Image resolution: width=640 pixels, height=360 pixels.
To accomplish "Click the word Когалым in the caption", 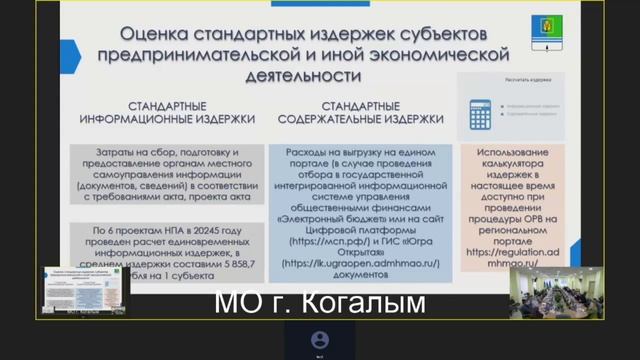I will [x=376, y=302].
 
